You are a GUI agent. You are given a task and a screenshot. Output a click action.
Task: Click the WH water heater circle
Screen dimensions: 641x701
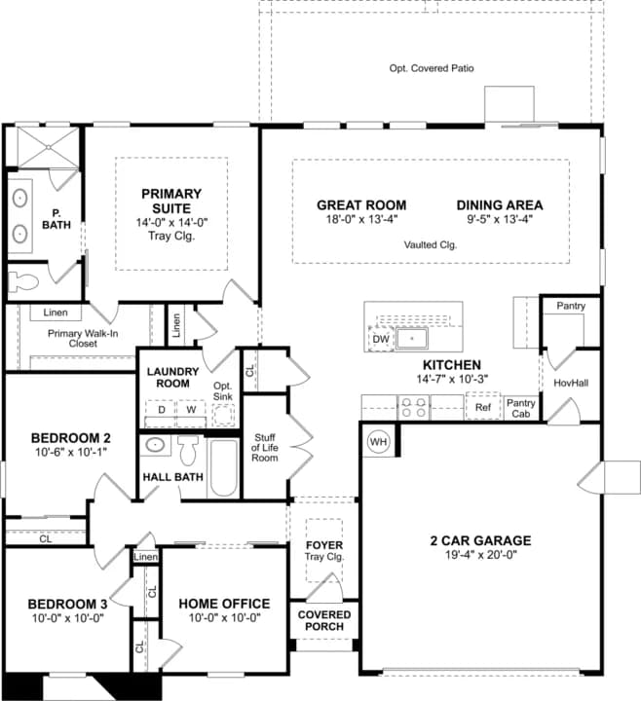(x=378, y=442)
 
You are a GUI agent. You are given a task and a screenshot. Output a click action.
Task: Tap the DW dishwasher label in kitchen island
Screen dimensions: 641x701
(x=381, y=339)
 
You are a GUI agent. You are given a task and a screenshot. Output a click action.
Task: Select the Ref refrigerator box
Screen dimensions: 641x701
(x=483, y=406)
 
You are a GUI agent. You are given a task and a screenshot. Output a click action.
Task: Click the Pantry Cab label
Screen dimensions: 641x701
(x=520, y=408)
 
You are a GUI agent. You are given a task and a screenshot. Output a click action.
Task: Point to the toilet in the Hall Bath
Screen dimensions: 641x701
(x=188, y=450)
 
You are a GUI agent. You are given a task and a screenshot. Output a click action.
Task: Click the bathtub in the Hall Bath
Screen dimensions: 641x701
(x=223, y=468)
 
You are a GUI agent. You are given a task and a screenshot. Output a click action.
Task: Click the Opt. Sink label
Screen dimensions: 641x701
(x=222, y=391)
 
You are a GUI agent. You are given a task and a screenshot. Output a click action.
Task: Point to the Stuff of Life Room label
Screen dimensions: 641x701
(x=265, y=448)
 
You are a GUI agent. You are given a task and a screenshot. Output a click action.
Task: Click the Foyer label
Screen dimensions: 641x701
(x=324, y=545)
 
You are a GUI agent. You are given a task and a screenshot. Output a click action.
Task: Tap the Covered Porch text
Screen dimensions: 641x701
(x=324, y=620)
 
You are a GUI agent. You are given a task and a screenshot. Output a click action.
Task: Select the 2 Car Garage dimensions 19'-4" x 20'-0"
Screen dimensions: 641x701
(x=481, y=555)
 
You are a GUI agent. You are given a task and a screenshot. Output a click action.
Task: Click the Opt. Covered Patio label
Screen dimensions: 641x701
(x=432, y=68)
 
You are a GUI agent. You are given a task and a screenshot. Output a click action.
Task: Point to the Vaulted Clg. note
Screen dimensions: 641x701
(x=431, y=245)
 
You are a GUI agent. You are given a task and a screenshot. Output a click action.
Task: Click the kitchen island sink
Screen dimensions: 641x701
(x=411, y=339)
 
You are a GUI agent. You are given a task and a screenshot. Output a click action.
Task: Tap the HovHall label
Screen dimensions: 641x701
(x=571, y=383)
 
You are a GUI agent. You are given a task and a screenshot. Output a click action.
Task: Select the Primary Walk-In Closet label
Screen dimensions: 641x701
(x=83, y=339)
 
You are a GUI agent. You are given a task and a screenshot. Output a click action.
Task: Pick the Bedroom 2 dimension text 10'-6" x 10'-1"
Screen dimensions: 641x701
(x=71, y=452)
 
